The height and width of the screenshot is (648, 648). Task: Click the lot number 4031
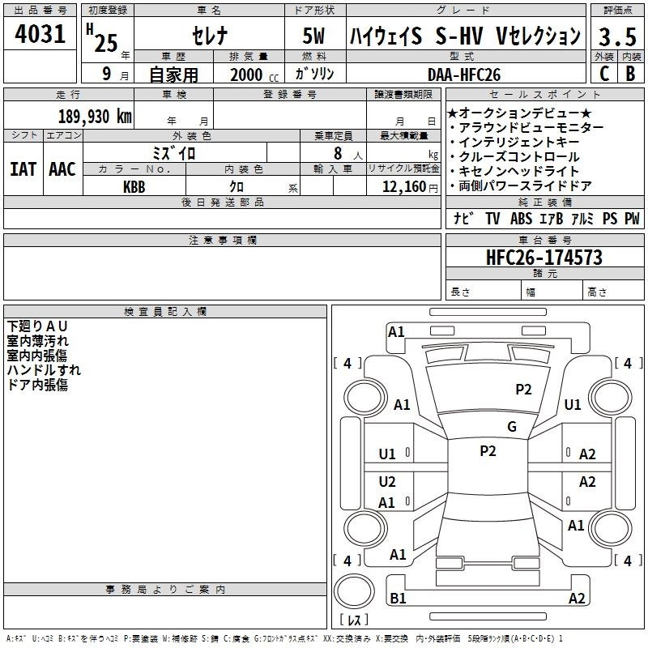click(x=40, y=35)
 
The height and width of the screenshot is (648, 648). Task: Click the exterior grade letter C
click(x=603, y=74)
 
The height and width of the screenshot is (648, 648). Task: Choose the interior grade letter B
click(x=630, y=74)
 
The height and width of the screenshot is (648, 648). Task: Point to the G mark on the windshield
click(x=512, y=427)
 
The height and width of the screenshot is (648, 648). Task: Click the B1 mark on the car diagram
click(x=398, y=599)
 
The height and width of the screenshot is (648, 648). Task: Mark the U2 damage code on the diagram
click(x=387, y=482)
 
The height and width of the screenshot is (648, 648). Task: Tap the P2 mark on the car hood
click(x=523, y=389)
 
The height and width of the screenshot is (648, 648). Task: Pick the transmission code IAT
click(x=23, y=168)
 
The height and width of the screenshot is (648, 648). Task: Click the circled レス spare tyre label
click(x=354, y=621)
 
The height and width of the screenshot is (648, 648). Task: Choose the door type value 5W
click(x=314, y=36)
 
